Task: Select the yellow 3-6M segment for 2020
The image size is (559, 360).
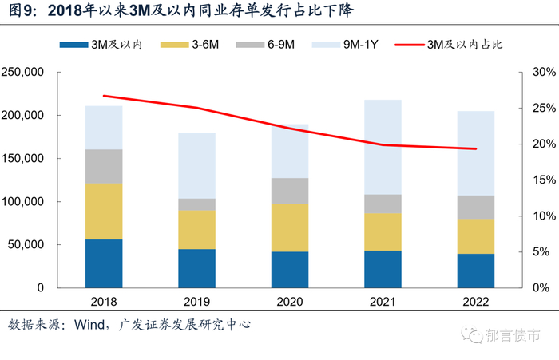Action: pos(289,227)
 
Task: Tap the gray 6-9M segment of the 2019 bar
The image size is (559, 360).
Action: pos(196,204)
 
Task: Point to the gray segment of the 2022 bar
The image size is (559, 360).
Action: pos(475,207)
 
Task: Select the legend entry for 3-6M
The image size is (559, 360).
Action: pos(203,45)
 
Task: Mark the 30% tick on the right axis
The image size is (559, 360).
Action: pos(542,73)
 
